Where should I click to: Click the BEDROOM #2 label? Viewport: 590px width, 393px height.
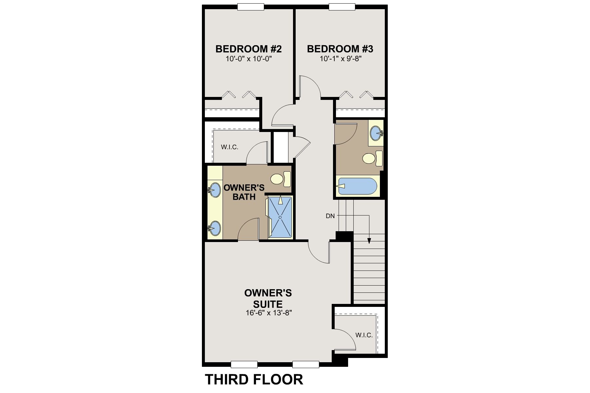click(x=248, y=49)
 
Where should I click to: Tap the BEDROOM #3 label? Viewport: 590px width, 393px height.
click(x=340, y=49)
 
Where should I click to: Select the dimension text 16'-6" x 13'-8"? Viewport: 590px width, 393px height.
click(x=269, y=313)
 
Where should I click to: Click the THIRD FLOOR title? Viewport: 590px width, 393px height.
click(x=254, y=379)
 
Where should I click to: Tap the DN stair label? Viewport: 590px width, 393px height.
click(x=330, y=216)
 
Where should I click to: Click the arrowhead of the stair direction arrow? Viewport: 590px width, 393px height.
click(x=369, y=241)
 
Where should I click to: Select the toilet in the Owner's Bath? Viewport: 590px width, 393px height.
click(x=281, y=178)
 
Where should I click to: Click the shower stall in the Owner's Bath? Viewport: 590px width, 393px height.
click(x=280, y=217)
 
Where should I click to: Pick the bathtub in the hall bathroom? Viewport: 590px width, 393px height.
click(x=358, y=186)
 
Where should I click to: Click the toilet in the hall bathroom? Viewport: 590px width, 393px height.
click(x=373, y=159)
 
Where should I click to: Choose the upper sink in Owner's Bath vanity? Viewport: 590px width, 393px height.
click(x=214, y=190)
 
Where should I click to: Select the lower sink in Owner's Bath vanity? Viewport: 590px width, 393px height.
click(x=214, y=228)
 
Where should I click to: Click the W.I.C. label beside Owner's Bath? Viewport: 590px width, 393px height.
click(x=229, y=147)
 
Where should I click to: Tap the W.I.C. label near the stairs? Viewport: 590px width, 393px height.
click(x=364, y=335)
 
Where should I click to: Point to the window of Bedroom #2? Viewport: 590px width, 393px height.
click(x=251, y=7)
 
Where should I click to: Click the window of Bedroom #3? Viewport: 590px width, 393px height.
click(x=342, y=7)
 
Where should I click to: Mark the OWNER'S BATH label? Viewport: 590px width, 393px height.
click(x=244, y=192)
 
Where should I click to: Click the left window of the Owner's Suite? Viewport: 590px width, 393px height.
click(x=244, y=364)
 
